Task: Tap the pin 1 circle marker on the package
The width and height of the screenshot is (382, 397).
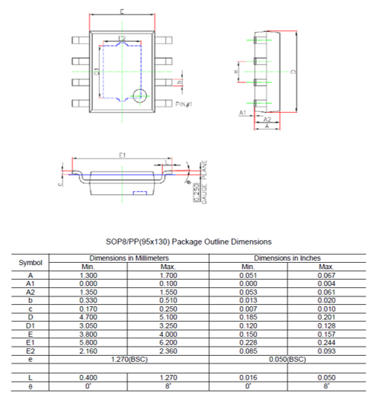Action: click(138, 95)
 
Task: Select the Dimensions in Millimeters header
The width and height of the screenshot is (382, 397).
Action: click(126, 258)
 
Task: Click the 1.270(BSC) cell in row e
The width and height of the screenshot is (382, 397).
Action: click(126, 357)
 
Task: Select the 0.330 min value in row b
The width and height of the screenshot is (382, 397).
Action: click(87, 299)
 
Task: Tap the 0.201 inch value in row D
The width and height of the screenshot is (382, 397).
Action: click(326, 316)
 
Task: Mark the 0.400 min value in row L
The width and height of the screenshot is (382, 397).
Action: click(87, 378)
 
